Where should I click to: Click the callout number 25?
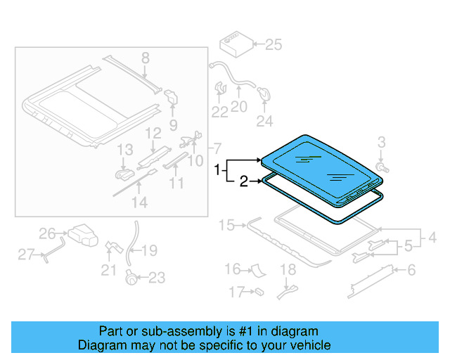coord(273,46)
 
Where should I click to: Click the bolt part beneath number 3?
coord(380,167)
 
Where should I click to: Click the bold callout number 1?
coord(218,169)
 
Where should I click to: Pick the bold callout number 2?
coord(243,182)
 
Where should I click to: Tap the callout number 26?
coord(47,233)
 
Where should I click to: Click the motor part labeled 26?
coord(82,235)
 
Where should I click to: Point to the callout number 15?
coord(226,225)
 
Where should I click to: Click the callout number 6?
coord(412,269)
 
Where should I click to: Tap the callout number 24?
coord(264,122)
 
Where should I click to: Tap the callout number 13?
coord(124,149)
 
